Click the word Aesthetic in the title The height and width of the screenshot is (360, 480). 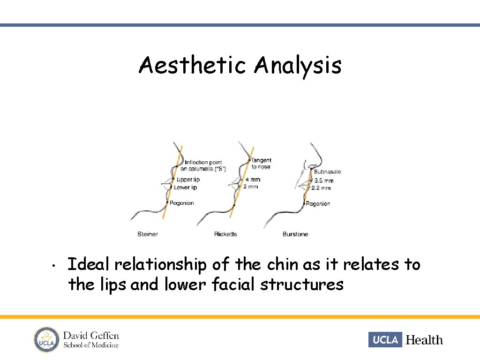[x=192, y=65]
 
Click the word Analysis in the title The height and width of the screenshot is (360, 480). [x=298, y=66]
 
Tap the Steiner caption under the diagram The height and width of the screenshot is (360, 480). [x=148, y=234]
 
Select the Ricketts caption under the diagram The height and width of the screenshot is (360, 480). [x=225, y=234]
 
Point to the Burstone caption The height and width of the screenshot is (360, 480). [x=295, y=234]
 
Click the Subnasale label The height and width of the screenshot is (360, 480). [x=328, y=172]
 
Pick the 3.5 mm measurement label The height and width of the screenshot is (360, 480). [x=324, y=180]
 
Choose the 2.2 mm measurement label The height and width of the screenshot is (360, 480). [x=323, y=187]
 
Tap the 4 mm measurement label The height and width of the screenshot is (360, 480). [x=251, y=180]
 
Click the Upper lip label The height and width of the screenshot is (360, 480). [x=188, y=180]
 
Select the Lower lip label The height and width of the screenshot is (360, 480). [x=186, y=187]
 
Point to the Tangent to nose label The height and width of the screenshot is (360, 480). [x=261, y=164]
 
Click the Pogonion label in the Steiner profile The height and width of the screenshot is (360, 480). [x=182, y=203]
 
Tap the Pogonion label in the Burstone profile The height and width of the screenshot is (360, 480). [x=318, y=203]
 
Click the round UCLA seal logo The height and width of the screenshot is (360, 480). [x=46, y=339]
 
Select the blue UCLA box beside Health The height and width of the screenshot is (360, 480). [x=385, y=339]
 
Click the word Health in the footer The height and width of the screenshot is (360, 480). [x=424, y=340]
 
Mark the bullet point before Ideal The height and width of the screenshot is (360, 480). [x=55, y=266]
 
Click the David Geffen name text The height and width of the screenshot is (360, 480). [x=91, y=336]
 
